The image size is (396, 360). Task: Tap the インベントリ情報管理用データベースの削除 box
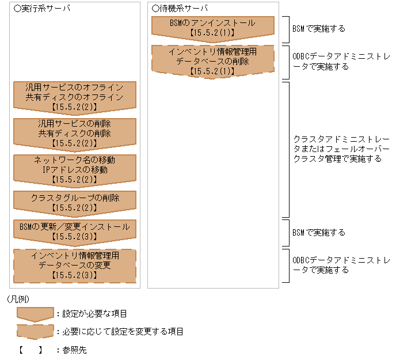pos(212,60)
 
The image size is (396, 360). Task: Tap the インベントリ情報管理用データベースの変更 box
pos(74,265)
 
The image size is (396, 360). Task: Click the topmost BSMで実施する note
pos(319,28)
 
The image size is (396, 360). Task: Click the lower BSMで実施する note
pos(319,233)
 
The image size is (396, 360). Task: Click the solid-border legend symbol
pos(35,313)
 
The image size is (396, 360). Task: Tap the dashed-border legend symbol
pos(35,331)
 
